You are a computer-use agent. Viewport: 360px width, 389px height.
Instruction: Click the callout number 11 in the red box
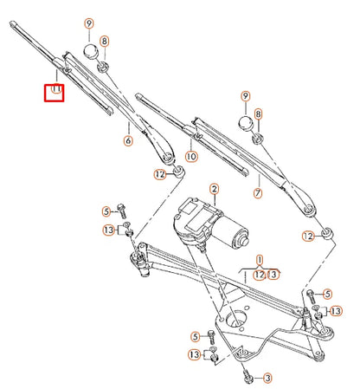(x=54, y=89)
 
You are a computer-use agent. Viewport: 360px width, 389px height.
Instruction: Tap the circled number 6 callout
(x=127, y=140)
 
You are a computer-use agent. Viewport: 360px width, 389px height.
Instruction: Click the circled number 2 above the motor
(x=214, y=189)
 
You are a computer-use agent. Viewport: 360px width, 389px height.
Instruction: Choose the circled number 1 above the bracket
(x=259, y=258)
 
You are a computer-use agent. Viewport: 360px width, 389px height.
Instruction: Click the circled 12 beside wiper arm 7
(x=308, y=236)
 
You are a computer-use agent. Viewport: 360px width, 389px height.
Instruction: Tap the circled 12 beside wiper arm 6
(x=159, y=174)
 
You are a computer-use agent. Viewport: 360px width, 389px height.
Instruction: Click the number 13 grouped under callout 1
(x=273, y=275)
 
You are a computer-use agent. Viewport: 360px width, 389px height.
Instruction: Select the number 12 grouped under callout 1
(x=259, y=275)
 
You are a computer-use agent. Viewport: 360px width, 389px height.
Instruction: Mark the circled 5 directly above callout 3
(x=196, y=336)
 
